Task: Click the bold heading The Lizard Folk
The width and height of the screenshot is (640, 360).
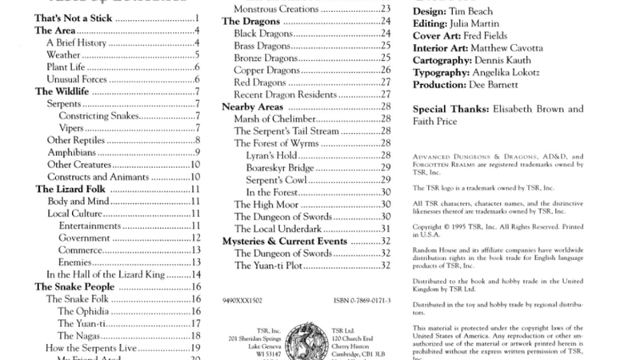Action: [x=67, y=190]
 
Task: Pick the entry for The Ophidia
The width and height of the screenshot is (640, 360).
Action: [x=89, y=311]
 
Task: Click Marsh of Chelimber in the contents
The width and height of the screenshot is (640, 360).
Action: [x=274, y=118]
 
